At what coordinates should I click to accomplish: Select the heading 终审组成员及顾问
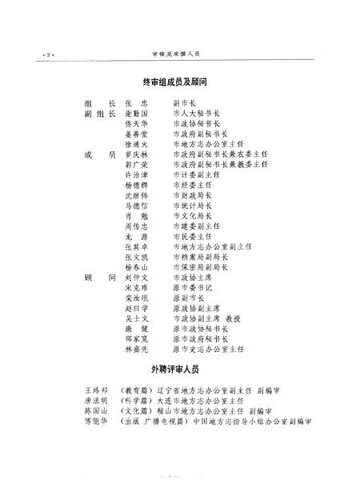(x=179, y=83)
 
